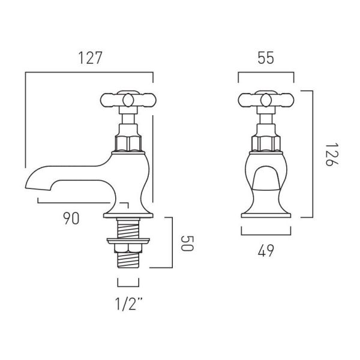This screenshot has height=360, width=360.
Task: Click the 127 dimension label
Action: pos(90,58)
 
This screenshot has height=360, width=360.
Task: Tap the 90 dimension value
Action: pos(71,218)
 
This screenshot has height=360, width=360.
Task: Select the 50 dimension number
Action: pos(187,244)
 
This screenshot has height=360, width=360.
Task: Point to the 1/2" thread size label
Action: pos(128,304)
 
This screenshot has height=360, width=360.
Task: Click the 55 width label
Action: pos(266,58)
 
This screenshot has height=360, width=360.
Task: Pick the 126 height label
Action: pos(332,155)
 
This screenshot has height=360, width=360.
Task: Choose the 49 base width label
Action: pos(266,251)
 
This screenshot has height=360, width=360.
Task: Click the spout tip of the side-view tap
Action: pos(26,188)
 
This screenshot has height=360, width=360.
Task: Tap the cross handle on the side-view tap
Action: pos(128,100)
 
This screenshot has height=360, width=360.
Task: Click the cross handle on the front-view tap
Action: pos(266,100)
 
